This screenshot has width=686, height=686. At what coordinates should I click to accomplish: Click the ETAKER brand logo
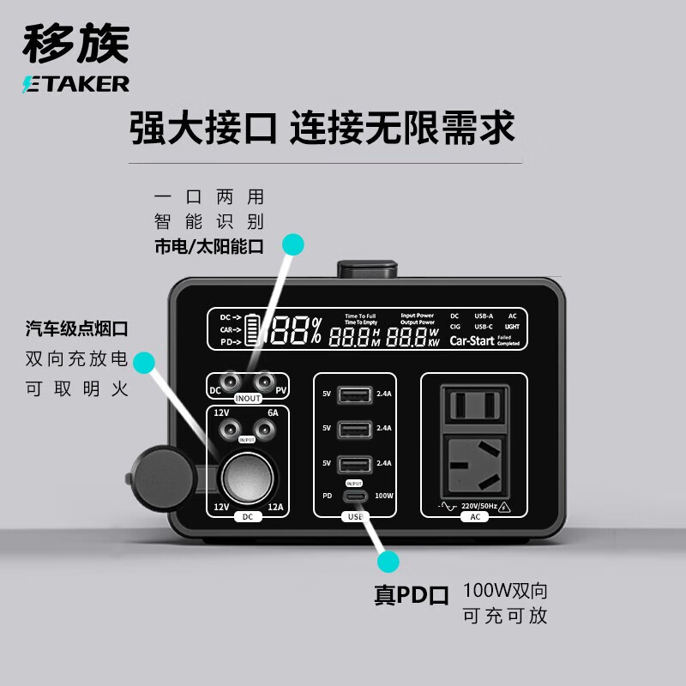(75, 82)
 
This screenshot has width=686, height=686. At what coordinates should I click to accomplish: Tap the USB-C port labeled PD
(354, 496)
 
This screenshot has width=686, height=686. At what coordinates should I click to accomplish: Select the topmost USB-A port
(354, 395)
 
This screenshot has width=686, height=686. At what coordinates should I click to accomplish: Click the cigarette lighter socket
(243, 472)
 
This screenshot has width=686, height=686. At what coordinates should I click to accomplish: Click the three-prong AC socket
(474, 460)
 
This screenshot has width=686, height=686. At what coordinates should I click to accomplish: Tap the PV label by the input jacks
(280, 391)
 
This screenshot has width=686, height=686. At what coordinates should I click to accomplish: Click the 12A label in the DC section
(275, 507)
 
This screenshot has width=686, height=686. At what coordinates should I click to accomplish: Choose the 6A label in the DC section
(273, 412)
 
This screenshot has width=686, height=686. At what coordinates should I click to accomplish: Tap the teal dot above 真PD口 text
(388, 563)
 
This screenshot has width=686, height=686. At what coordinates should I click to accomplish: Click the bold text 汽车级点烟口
(76, 328)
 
